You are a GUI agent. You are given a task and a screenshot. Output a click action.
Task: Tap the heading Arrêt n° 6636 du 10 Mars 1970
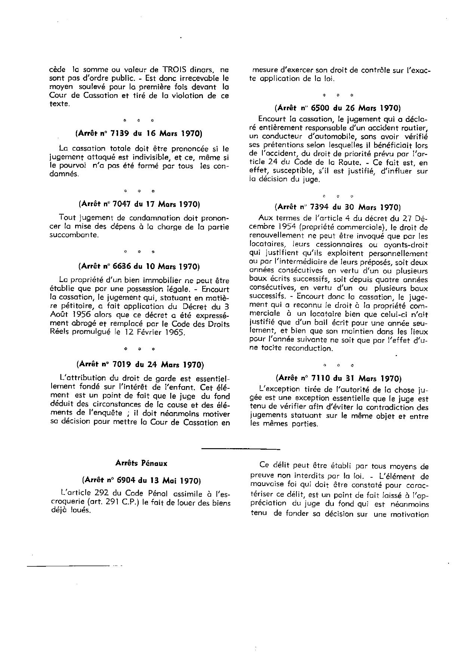point(139,267)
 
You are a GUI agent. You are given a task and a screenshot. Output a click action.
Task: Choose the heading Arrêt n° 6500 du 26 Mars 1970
point(338,108)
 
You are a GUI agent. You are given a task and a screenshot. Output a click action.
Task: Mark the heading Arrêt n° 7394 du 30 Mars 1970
point(338,207)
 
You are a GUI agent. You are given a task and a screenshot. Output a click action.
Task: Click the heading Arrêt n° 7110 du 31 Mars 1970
point(338,378)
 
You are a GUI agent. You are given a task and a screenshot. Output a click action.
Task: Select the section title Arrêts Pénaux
point(141,463)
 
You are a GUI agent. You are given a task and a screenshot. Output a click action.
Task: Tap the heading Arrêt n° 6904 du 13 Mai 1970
point(139,480)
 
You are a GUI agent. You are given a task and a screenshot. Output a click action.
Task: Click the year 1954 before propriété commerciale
point(287,227)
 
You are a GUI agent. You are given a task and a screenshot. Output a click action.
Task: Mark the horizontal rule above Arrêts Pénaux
point(240,448)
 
